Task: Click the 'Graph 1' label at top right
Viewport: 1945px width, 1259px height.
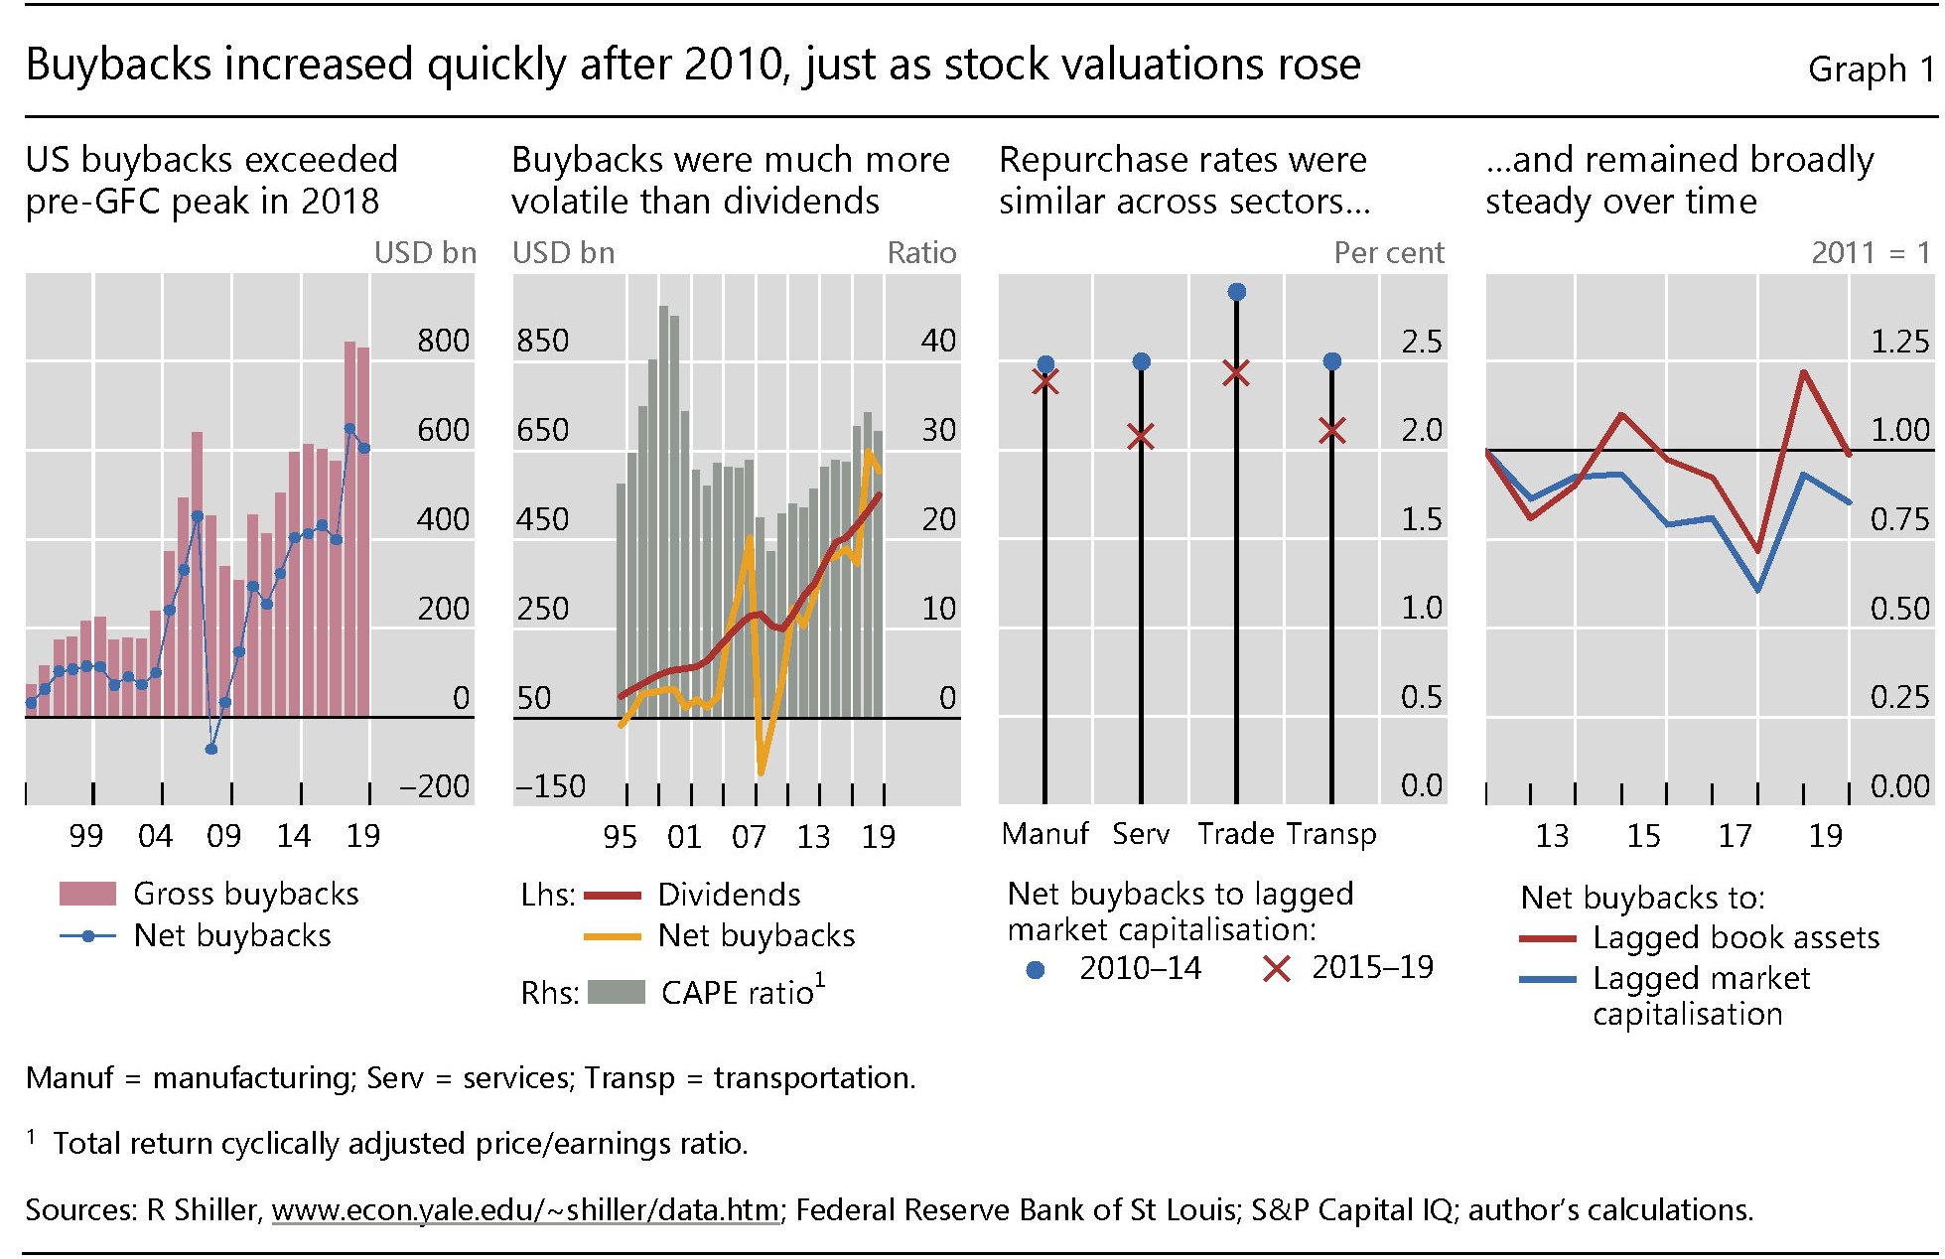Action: (x=1871, y=70)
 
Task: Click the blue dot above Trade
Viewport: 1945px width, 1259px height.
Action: (x=1236, y=292)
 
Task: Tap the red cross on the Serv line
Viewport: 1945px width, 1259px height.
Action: (x=1141, y=436)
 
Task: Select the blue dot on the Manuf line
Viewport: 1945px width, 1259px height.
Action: (x=1045, y=364)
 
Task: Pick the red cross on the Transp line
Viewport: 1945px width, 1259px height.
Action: (x=1332, y=430)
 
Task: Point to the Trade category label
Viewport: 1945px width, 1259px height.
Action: (x=1236, y=833)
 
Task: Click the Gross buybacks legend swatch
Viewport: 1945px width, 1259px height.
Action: (x=87, y=894)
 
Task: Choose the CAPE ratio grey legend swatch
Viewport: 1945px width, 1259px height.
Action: (x=617, y=992)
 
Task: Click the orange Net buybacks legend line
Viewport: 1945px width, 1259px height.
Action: (x=612, y=935)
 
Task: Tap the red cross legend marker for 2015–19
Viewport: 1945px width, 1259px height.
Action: (x=1276, y=968)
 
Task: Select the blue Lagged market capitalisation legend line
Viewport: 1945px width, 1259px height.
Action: (x=1547, y=979)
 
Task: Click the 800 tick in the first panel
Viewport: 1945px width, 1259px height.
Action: (x=443, y=341)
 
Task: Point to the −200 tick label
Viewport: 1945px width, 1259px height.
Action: (x=434, y=786)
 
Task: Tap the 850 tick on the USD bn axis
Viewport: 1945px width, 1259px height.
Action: (x=543, y=341)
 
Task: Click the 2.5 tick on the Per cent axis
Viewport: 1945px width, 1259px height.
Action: (x=1421, y=342)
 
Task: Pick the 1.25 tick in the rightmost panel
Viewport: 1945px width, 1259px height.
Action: (x=1899, y=342)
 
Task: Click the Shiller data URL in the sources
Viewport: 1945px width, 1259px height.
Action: (x=524, y=1209)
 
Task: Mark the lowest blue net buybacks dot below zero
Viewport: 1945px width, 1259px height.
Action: (x=210, y=749)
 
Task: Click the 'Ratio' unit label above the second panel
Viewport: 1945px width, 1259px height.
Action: (x=921, y=253)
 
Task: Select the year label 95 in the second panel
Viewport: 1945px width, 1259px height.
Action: (x=620, y=836)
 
